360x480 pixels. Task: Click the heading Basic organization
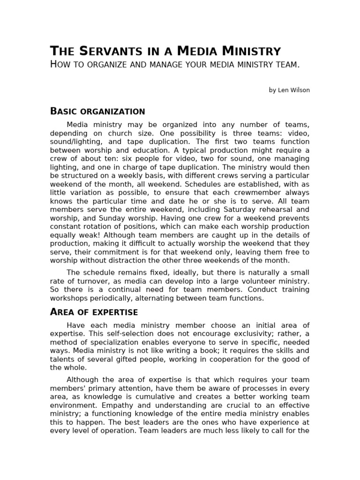click(97, 112)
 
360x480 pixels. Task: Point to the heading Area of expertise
click(94, 312)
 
